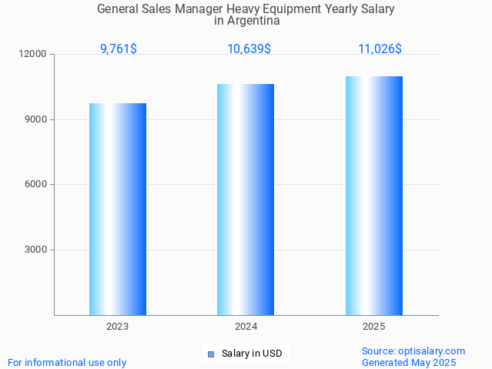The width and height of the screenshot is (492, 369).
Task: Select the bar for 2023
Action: click(x=118, y=209)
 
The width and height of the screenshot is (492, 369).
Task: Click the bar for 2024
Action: click(x=246, y=200)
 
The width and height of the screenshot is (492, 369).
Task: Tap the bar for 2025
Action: click(x=374, y=196)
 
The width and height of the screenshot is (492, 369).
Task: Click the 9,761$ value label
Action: click(x=119, y=49)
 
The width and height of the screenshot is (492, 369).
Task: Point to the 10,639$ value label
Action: click(x=249, y=49)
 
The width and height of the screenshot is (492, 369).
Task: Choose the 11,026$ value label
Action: click(x=380, y=49)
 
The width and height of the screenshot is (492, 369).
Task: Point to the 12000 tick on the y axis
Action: click(x=33, y=55)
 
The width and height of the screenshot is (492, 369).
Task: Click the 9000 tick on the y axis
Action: click(x=35, y=119)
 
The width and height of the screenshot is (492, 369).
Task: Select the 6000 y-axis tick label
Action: click(x=35, y=185)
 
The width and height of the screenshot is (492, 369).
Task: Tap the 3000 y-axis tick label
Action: click(x=35, y=250)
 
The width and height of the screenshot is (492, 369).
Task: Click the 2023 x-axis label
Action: click(x=118, y=327)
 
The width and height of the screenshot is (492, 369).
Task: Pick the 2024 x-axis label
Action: click(x=246, y=327)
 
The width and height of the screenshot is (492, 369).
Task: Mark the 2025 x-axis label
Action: click(x=374, y=327)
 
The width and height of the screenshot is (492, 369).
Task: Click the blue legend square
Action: click(x=210, y=354)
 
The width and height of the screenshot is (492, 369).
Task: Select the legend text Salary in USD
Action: click(x=252, y=354)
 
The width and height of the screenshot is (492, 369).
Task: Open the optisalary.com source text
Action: click(x=413, y=351)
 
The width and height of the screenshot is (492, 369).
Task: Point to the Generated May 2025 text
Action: click(x=408, y=362)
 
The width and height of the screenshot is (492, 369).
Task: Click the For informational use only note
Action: click(x=67, y=362)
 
